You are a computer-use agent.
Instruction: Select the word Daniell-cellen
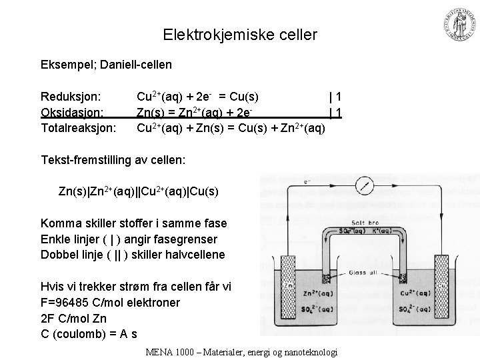click(139, 65)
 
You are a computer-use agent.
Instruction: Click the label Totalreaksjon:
click(79, 127)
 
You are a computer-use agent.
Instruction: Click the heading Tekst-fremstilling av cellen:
click(113, 160)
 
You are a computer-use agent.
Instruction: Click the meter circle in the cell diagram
click(363, 185)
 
